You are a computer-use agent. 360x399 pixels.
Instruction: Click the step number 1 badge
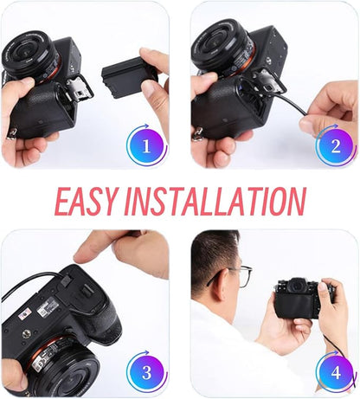pos(147,145)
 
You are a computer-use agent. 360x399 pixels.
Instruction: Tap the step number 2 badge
pos(336,145)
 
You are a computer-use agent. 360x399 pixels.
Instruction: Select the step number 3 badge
pos(147,372)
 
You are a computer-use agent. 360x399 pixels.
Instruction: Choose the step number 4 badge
pos(336,372)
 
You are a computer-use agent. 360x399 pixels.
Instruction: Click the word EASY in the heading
pos(86,201)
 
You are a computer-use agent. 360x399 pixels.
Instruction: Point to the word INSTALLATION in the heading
pos(215,201)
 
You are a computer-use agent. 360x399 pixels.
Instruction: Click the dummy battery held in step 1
pos(130,77)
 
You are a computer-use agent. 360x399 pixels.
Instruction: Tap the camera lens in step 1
pos(29,57)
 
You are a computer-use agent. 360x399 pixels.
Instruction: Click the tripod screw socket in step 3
pos(26,334)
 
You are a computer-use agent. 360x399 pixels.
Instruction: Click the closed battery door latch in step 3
pos(84,293)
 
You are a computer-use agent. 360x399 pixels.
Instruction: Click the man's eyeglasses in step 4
pos(236,274)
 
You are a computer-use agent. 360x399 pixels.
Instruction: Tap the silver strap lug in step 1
pos(10,134)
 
